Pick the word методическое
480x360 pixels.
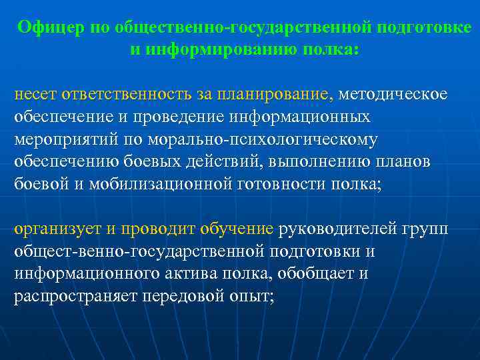[x=393, y=95]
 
